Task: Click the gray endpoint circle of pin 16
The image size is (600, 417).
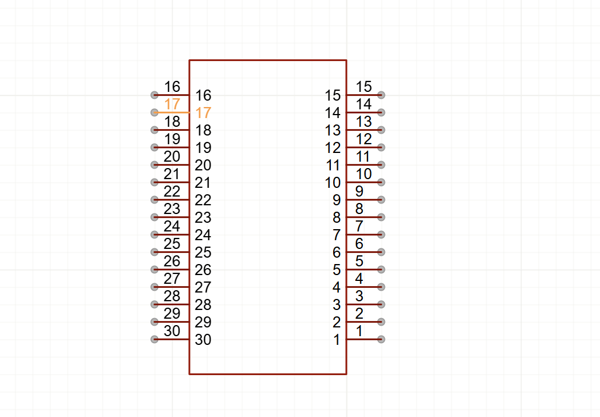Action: tap(154, 95)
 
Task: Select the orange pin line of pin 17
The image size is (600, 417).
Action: tap(172, 112)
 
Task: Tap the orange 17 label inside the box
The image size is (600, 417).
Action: tap(203, 113)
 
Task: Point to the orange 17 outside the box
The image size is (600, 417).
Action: tap(172, 105)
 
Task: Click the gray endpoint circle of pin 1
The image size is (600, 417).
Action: tap(381, 339)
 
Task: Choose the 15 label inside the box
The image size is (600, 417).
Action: tap(333, 95)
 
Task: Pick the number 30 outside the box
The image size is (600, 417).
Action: tap(172, 332)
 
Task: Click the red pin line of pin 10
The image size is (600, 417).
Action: tap(363, 182)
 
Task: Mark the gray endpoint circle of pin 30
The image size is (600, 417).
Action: tap(154, 339)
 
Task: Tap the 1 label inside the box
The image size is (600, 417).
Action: tap(337, 340)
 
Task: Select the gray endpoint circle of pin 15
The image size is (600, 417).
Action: tap(381, 95)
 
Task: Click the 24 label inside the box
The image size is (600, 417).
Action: tap(203, 235)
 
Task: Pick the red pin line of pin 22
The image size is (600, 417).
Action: tap(172, 199)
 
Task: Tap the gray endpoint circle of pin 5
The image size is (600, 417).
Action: tap(381, 269)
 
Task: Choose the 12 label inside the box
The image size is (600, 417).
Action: tap(333, 148)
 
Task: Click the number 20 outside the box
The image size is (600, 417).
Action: tap(172, 157)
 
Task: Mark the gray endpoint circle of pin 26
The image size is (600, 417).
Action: tap(154, 269)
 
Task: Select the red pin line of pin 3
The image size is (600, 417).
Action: tap(363, 304)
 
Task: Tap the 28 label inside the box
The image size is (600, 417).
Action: tap(203, 305)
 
